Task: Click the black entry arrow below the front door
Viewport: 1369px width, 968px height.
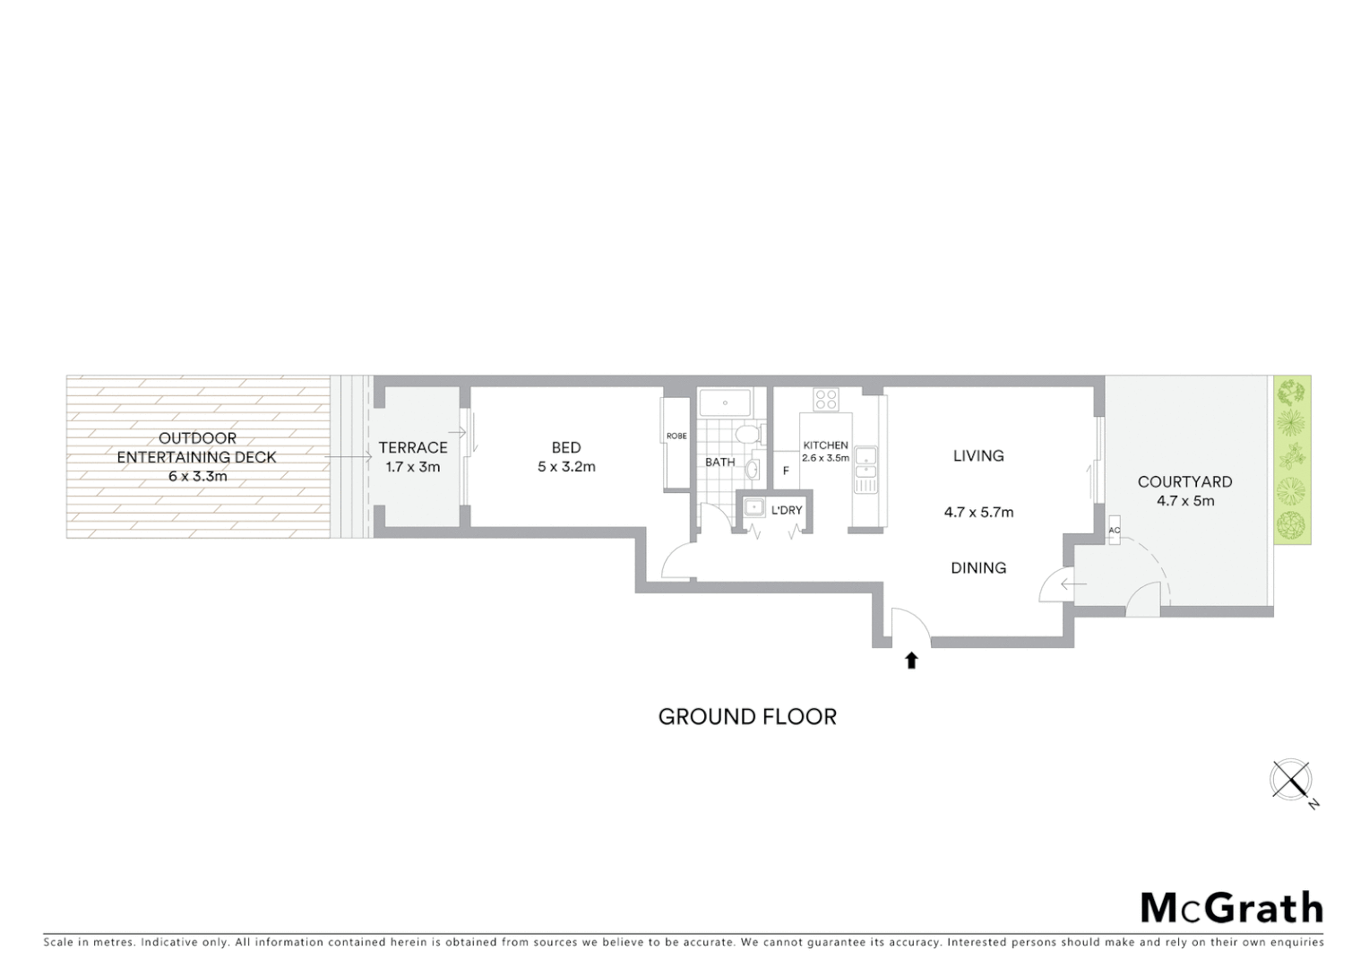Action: tap(911, 661)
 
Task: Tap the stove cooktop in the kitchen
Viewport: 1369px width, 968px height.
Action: tap(825, 399)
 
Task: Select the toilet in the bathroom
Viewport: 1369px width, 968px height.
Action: tap(746, 435)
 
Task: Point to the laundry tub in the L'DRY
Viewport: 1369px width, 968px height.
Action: tap(753, 509)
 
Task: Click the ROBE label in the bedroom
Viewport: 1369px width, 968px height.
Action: tap(676, 436)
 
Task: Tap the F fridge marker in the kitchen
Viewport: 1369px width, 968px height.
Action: tap(786, 471)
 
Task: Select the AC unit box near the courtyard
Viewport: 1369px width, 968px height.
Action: tap(1114, 530)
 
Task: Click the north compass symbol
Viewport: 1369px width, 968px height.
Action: tap(1291, 779)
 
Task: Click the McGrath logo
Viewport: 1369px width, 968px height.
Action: tap(1231, 908)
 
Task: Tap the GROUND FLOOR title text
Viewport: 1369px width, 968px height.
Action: tap(747, 717)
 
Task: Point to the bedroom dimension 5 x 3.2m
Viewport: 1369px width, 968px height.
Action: tap(566, 467)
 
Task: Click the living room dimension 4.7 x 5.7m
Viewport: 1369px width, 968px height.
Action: tap(978, 513)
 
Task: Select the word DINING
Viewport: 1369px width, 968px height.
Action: tap(978, 568)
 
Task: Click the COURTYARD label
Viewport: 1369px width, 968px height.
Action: tap(1184, 482)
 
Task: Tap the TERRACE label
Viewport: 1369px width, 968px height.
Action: tap(412, 447)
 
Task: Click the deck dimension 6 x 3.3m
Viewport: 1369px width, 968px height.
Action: tap(197, 477)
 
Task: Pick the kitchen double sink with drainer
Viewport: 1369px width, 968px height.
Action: tap(865, 469)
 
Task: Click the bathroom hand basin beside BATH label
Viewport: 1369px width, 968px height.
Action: tap(753, 469)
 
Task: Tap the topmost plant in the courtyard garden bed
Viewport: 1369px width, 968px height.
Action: tap(1291, 392)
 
